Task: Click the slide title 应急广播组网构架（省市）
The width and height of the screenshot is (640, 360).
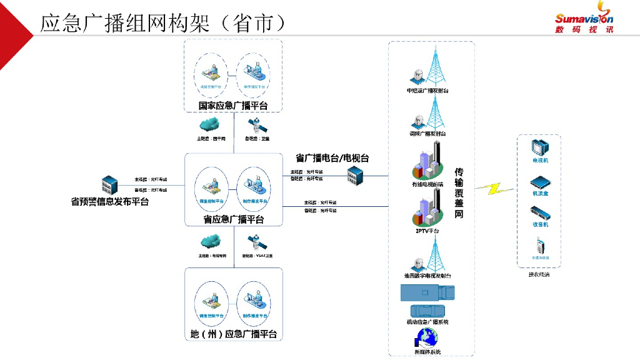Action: [163, 22]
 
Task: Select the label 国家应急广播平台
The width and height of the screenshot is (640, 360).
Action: [233, 105]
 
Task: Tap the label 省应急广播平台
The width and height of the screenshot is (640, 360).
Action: [233, 219]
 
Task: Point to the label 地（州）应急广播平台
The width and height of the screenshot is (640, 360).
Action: [233, 334]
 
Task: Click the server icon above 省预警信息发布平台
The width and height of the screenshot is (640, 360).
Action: [110, 186]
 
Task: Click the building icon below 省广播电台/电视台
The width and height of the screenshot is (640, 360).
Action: [355, 176]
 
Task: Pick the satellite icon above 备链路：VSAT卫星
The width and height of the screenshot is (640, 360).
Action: [255, 241]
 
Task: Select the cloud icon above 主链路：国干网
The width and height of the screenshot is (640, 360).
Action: [211, 124]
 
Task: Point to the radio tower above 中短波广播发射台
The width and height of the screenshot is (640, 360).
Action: [433, 67]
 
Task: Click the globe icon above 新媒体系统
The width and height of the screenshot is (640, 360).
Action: [426, 338]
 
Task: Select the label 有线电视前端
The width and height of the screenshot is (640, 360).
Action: [427, 184]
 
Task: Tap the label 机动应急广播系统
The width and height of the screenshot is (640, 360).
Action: [427, 322]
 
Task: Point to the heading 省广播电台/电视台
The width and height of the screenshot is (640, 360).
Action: [332, 158]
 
